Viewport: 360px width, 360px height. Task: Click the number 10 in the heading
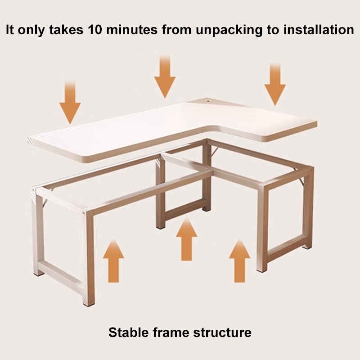94,30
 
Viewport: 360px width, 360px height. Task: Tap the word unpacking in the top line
229,30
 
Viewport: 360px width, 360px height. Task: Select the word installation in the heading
319,30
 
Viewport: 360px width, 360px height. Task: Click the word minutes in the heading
132,30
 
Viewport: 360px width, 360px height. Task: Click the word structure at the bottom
222,333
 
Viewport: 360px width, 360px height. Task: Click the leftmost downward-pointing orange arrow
70,103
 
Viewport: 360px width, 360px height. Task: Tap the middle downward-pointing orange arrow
165,76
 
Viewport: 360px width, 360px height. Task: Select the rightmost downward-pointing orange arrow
275,84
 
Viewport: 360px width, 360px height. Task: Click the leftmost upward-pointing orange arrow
113,261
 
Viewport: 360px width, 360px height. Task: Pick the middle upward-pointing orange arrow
186,239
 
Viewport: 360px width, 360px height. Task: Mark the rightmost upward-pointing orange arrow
240,261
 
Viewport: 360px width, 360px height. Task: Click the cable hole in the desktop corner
209,100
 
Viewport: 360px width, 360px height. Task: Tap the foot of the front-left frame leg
88,304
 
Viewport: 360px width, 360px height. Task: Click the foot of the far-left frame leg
39,273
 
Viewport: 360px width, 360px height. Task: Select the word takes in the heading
66,30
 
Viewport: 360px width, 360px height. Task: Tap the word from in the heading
176,30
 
